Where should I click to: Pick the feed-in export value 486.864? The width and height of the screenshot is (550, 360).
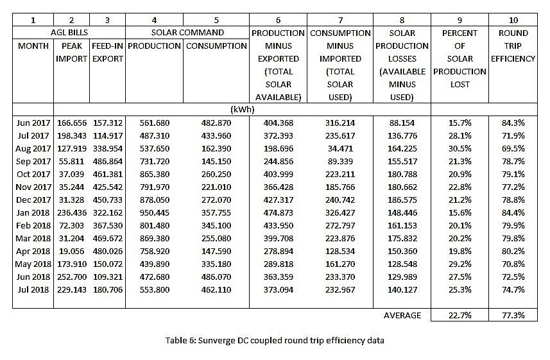107,161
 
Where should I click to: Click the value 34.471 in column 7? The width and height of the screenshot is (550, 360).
340,148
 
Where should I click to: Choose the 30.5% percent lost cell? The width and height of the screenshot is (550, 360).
460,148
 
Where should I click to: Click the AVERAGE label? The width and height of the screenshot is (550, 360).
402,315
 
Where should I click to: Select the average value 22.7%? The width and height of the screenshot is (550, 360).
460,315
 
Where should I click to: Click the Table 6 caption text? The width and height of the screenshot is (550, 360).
275,340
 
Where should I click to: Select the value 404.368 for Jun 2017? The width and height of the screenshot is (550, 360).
279,123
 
